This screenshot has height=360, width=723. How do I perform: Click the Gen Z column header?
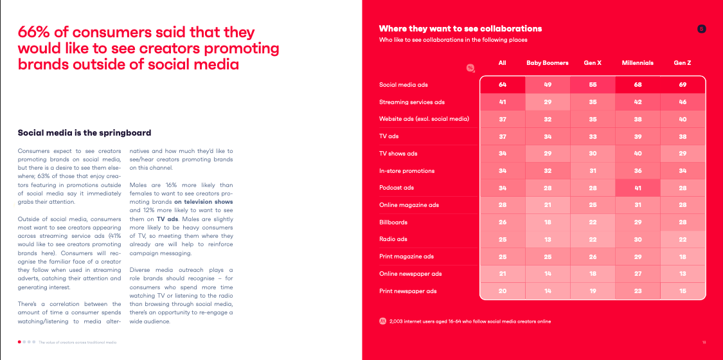tap(682, 63)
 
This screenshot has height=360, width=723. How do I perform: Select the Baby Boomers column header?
tap(548, 63)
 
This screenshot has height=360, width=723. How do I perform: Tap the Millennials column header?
tap(638, 63)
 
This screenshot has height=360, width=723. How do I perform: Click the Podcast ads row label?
tap(397, 188)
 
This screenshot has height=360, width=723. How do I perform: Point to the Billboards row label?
tap(393, 222)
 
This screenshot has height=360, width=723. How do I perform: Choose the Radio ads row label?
tap(393, 239)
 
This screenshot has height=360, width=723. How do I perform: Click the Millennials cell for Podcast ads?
tap(638, 188)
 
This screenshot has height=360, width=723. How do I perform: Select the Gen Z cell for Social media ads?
tap(682, 85)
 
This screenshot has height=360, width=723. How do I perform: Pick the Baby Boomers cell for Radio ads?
tap(548, 239)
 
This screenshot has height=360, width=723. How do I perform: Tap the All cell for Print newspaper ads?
tap(503, 291)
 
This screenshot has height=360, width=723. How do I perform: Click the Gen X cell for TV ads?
tap(593, 136)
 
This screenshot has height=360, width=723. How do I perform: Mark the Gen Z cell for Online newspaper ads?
tap(682, 274)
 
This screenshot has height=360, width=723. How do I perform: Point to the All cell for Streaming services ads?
tap(503, 102)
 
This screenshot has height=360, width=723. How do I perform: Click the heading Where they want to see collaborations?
tap(460, 28)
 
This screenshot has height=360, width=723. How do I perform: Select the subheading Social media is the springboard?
tap(84, 133)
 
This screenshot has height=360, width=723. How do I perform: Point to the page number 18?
tap(704, 341)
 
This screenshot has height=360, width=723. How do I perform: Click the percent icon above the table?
tap(470, 67)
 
